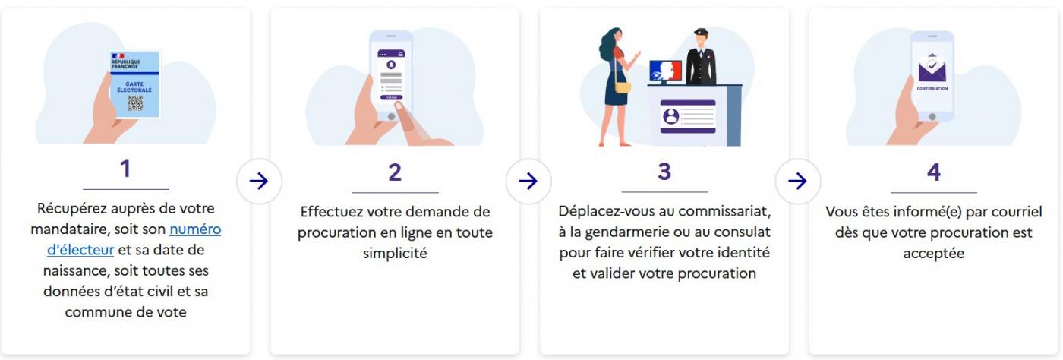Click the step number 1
point(125,169)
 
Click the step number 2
point(395,172)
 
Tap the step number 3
point(664,172)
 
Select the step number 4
point(933,172)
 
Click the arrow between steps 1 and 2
point(259,181)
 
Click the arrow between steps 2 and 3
point(528,181)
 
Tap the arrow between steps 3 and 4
point(798,181)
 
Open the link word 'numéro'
point(195,229)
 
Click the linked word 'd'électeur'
point(80,250)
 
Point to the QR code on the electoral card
point(135,103)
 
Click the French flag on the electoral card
point(118,56)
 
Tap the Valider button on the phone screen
point(392,97)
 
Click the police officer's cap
point(701,32)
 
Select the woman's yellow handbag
point(623,87)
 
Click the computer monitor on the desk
point(665,71)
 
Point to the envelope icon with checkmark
point(932,68)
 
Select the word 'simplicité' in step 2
point(395,253)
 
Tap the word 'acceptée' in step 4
point(933,253)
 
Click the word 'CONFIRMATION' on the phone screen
point(932,89)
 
